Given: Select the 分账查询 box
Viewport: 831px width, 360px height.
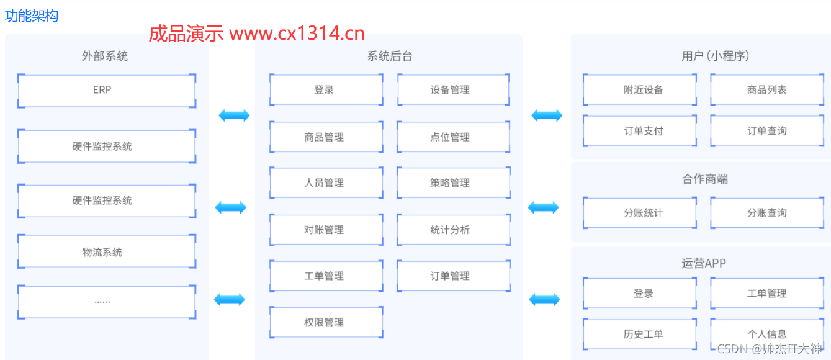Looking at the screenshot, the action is (766, 213).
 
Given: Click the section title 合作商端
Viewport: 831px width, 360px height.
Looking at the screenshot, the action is (704, 179).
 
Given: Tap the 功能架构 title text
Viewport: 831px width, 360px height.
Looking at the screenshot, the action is (32, 16).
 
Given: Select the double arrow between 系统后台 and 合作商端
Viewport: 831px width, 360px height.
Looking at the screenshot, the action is (543, 207).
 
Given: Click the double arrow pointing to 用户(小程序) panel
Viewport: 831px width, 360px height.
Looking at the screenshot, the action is (547, 115).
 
